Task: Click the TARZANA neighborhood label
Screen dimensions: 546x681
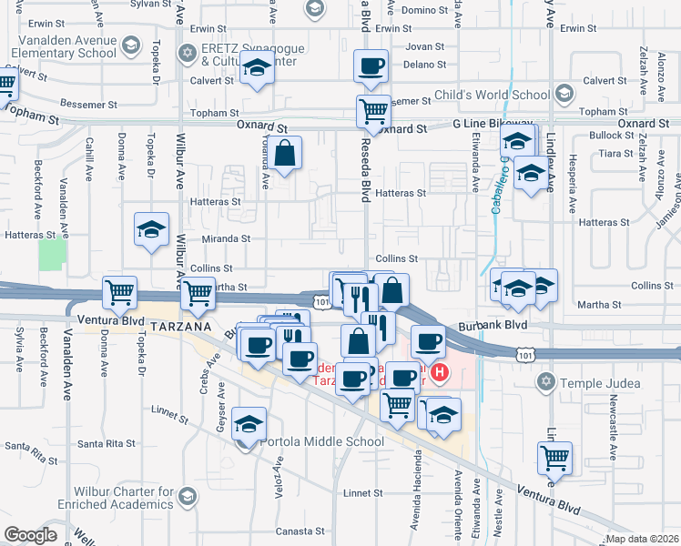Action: pyautogui.click(x=182, y=326)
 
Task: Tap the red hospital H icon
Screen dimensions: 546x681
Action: pyautogui.click(x=441, y=372)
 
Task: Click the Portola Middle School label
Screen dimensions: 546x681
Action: pyautogui.click(x=322, y=442)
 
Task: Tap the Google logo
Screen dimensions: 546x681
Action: pyautogui.click(x=30, y=535)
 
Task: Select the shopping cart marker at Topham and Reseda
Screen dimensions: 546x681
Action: pyautogui.click(x=372, y=111)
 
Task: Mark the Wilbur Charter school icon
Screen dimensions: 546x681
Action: pyautogui.click(x=188, y=496)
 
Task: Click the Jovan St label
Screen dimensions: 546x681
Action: pyautogui.click(x=425, y=45)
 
